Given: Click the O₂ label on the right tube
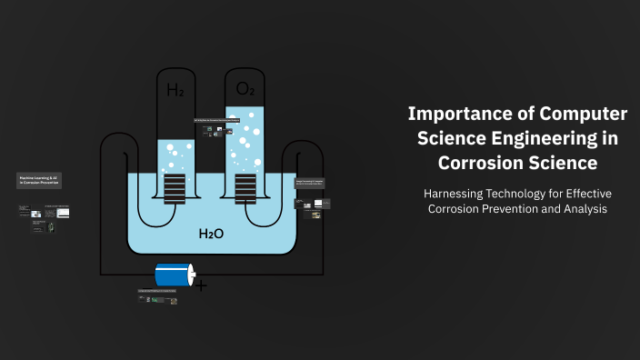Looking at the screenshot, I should coord(245,88).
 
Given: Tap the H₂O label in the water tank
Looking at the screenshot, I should coord(211,235).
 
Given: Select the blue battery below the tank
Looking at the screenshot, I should coord(174,275).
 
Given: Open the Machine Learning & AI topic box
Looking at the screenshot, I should coord(39,181).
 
